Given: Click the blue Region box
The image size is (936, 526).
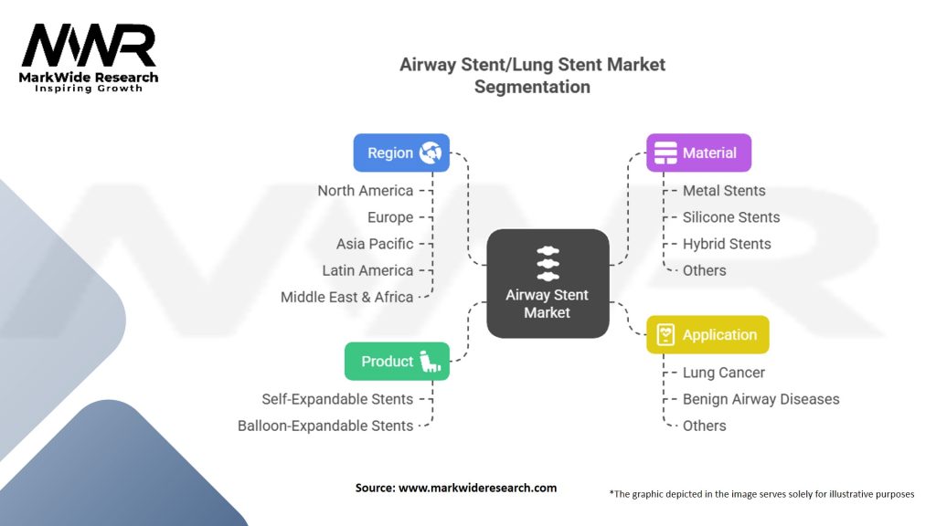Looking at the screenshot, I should (401, 153).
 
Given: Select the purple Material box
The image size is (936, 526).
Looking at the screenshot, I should (698, 153).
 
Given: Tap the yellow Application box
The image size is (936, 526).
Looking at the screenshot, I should (707, 334).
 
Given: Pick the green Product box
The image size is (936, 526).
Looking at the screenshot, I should (397, 361).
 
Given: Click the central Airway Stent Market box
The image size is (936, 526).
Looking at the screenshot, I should (548, 284).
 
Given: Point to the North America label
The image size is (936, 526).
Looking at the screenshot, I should (365, 191).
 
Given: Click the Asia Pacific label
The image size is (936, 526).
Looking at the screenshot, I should (375, 244).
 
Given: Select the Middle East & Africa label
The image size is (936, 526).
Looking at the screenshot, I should (347, 297).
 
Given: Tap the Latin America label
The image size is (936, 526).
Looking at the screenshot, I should (367, 270).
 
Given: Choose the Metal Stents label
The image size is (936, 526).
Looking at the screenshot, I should (724, 191).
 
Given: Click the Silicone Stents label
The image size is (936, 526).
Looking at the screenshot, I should (731, 217).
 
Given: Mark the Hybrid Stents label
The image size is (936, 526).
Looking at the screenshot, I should (727, 244).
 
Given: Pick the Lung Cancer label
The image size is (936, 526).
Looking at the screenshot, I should (724, 373).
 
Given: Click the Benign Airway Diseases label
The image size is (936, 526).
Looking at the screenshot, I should (760, 399).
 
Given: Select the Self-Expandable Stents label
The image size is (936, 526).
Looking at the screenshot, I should (337, 399).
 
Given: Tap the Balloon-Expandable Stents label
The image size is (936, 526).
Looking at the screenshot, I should (325, 426).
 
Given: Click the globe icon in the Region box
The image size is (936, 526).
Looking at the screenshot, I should (431, 153).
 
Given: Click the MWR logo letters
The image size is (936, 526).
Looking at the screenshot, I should (89, 47).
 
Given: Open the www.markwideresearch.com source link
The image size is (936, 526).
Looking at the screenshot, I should (477, 488).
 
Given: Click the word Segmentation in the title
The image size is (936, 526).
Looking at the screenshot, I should (532, 88).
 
